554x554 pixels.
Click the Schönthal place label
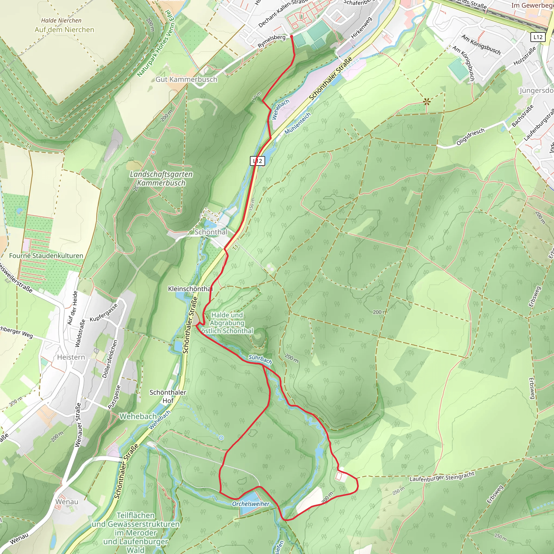211,232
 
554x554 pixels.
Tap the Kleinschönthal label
190,289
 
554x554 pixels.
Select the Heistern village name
71,357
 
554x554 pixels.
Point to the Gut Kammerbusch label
186,80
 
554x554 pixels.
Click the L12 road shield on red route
257,161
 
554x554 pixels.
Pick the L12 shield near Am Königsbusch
538,37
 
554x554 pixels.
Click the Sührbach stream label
260,359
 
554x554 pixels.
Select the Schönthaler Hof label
168,396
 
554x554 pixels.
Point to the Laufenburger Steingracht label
442,477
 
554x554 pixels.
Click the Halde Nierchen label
61,20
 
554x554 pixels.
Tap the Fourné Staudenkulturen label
46,255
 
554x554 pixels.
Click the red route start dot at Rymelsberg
292,37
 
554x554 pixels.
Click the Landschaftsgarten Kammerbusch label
161,178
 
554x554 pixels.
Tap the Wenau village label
67,502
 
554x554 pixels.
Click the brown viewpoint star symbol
427,101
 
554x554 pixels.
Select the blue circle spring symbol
221,438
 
